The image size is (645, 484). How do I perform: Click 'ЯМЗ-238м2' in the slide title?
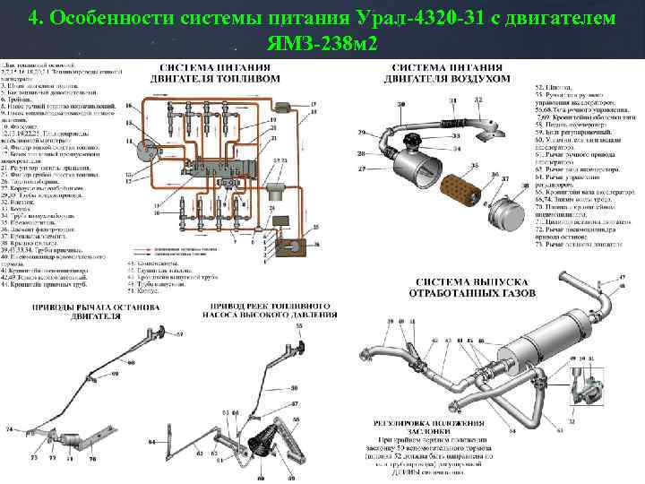[322, 44]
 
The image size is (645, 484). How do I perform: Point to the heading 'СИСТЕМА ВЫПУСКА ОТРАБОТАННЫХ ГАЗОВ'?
[472, 287]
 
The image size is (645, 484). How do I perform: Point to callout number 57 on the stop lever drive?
[179, 333]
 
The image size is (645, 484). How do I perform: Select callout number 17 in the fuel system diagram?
[314, 103]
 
